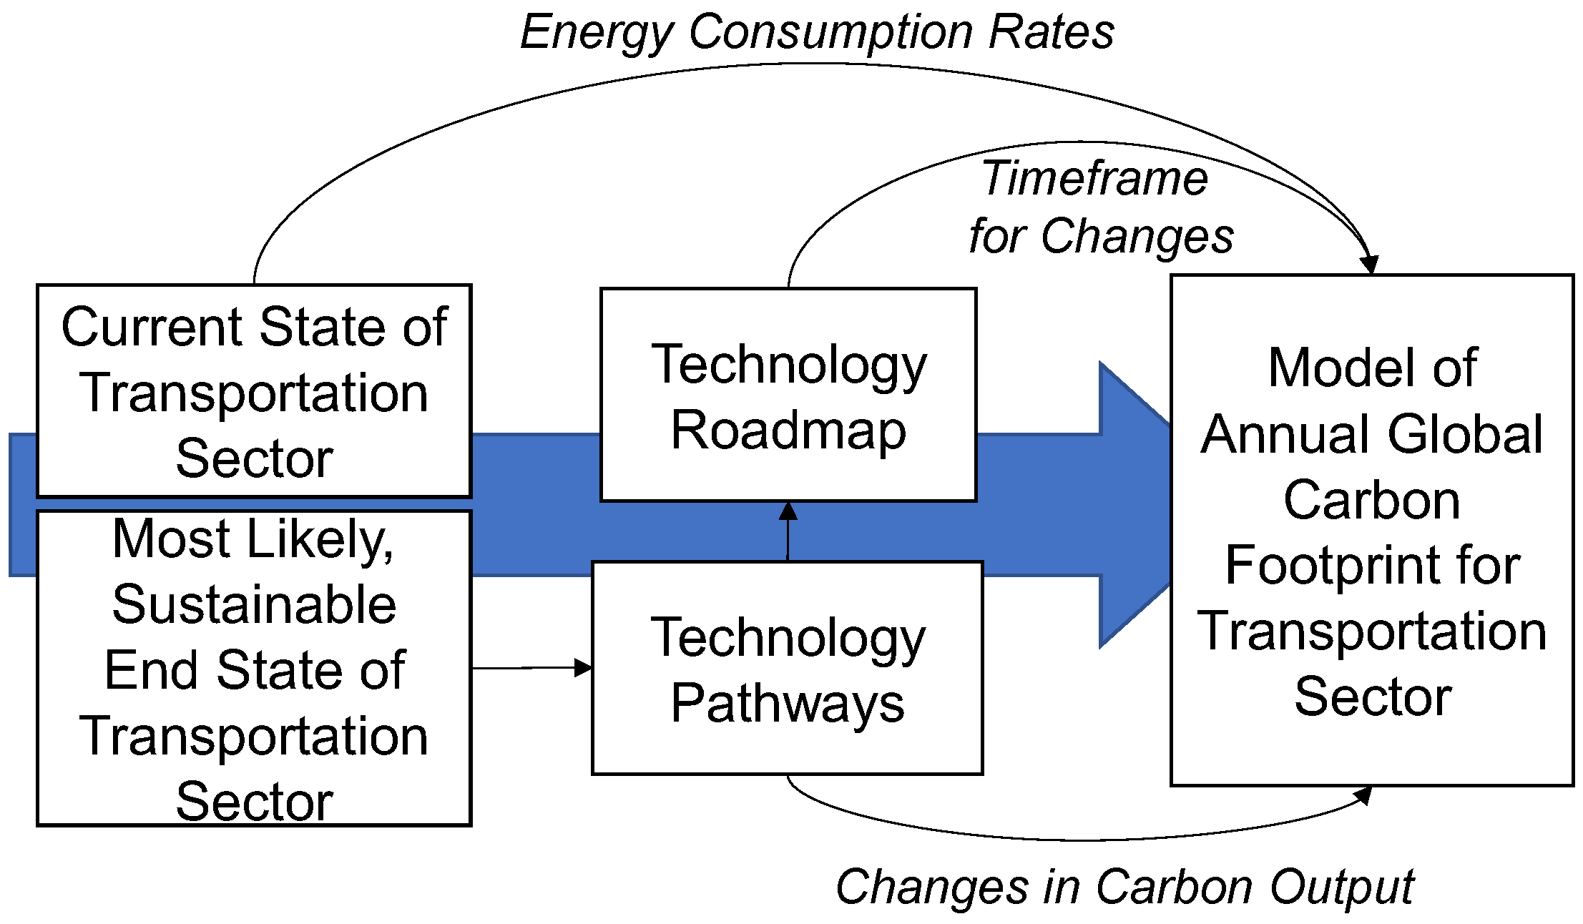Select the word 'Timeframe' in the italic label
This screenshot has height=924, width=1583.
click(1094, 178)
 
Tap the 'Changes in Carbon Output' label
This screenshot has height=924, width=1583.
click(1124, 887)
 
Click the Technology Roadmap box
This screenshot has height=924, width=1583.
click(788, 395)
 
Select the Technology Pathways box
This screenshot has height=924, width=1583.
click(787, 668)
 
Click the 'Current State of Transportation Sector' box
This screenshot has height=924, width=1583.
click(254, 390)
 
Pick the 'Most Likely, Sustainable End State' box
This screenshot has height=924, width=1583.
click(254, 668)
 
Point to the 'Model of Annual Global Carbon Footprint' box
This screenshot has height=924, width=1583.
click(1371, 530)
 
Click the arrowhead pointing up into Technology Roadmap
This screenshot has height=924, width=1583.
click(788, 511)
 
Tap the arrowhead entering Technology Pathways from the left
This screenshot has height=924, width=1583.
click(584, 668)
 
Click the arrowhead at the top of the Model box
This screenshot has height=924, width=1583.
click(1369, 265)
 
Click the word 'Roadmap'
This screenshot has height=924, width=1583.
click(788, 431)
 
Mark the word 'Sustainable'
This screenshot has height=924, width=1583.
click(254, 604)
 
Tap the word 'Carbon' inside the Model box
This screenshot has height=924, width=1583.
click(1371, 500)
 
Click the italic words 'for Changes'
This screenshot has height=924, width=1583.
click(1101, 236)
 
